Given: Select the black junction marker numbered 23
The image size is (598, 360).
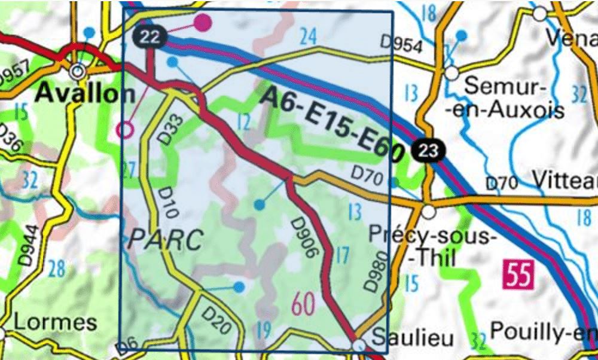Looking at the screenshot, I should click(x=429, y=150).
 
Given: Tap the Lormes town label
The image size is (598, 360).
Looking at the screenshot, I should click(x=54, y=323).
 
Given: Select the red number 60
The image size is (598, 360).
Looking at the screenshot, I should click(x=304, y=305).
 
